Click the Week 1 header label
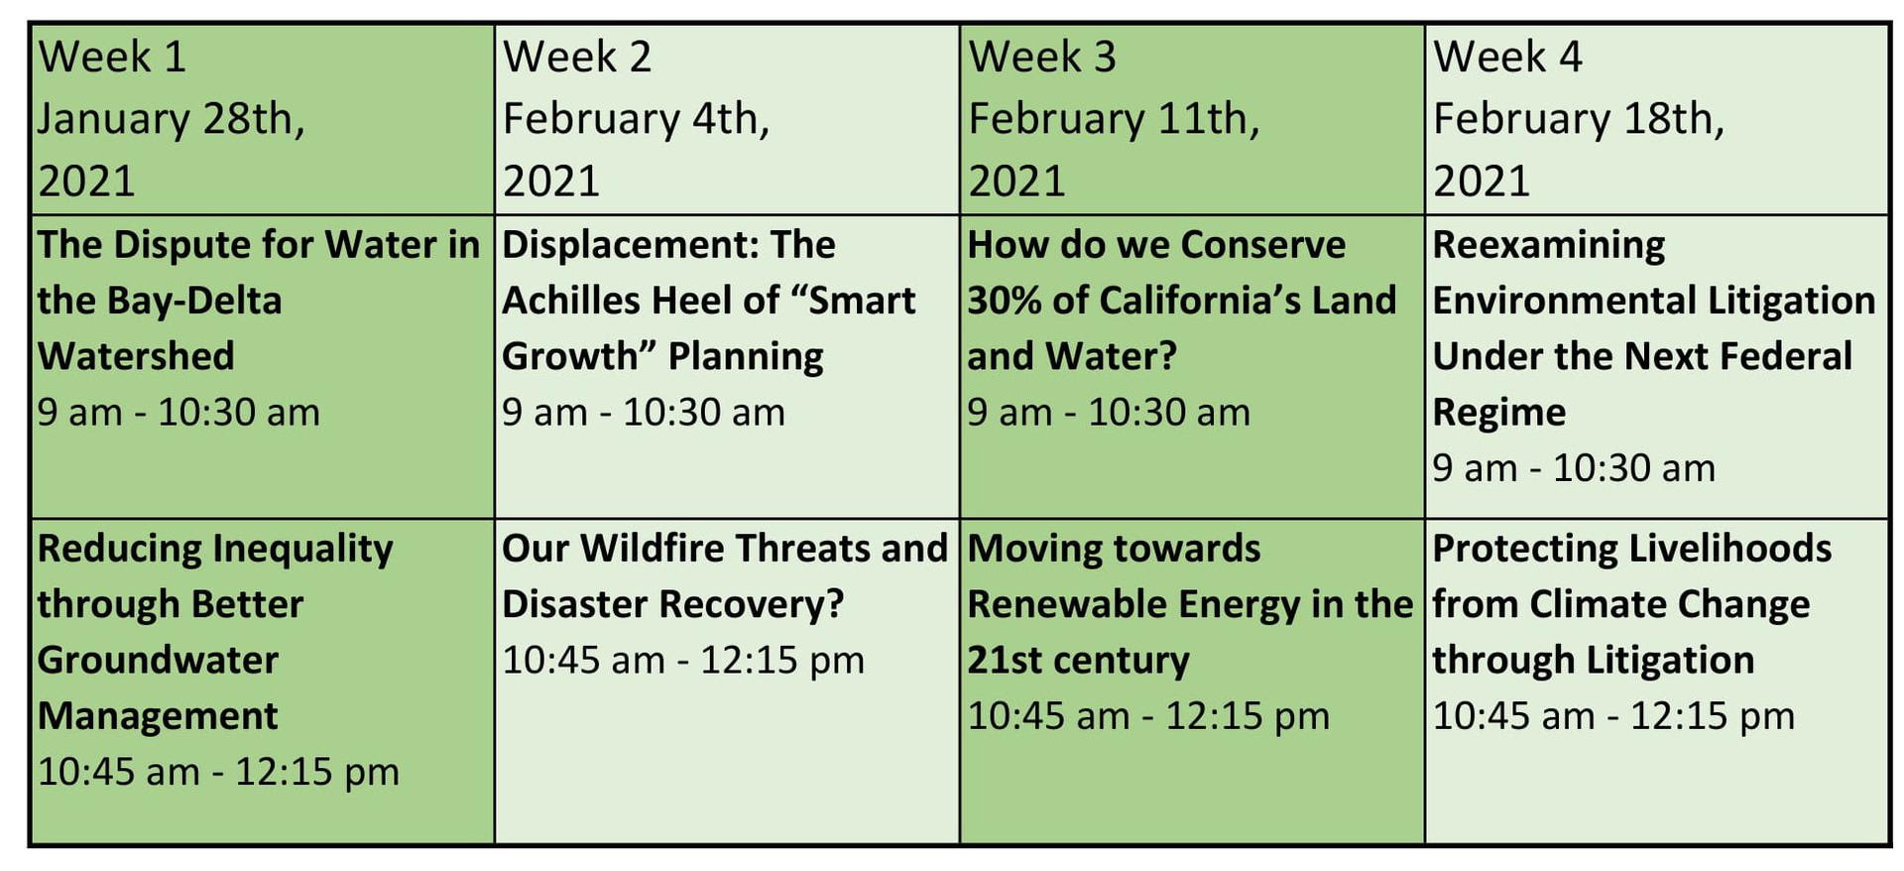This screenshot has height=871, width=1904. [112, 57]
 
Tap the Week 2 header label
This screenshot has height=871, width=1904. [577, 57]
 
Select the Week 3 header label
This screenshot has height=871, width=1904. [1042, 57]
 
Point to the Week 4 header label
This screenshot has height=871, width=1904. [1507, 57]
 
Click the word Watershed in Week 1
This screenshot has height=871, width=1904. [136, 356]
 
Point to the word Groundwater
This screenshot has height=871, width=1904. [159, 661]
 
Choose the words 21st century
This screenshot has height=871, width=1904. [1079, 661]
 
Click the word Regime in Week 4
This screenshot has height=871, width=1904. [1499, 413]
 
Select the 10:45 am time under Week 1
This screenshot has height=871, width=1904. [119, 772]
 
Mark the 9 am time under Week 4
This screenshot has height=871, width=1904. [1475, 468]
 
